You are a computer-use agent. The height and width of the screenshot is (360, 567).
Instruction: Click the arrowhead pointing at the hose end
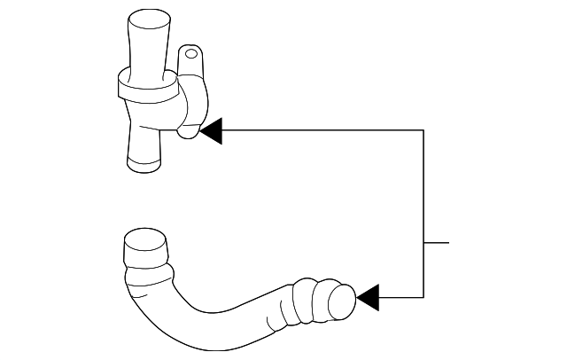click(367, 297)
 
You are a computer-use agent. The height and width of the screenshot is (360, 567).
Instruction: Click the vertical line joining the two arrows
click(423, 213)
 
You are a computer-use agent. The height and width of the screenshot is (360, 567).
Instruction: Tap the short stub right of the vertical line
click(437, 241)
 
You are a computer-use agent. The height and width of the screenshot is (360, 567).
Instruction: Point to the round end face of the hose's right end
click(341, 303)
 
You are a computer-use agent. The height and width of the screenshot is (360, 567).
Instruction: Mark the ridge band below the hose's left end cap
click(144, 266)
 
